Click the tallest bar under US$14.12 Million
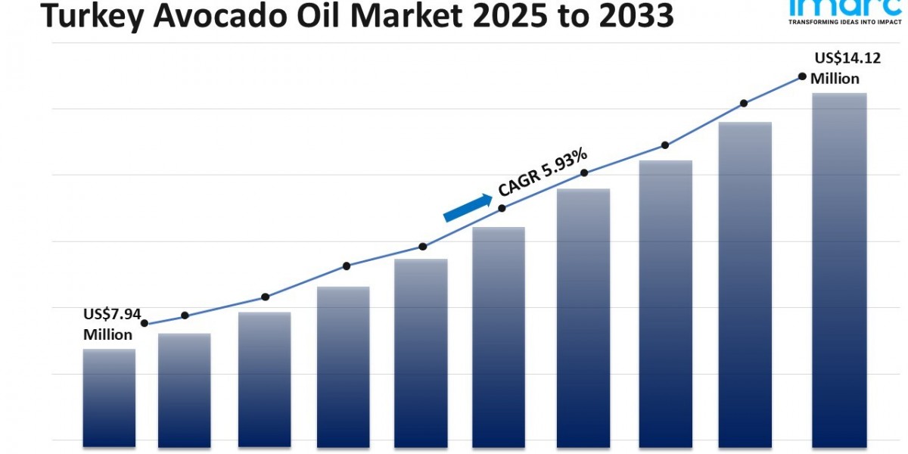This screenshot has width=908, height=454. (x=838, y=269)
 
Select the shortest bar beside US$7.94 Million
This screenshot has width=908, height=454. (x=109, y=397)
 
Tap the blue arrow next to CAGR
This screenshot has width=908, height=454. (x=467, y=208)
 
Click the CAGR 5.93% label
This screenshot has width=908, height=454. (x=543, y=173)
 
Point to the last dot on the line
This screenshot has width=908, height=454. (x=802, y=76)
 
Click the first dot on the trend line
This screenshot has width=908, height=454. (x=145, y=323)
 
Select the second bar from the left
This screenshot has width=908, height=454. (x=184, y=390)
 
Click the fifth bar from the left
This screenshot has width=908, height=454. (x=421, y=352)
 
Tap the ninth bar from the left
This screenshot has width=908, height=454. (x=745, y=284)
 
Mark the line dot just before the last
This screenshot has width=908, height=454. (x=744, y=103)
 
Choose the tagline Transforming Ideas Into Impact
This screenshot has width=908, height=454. (x=842, y=23)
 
